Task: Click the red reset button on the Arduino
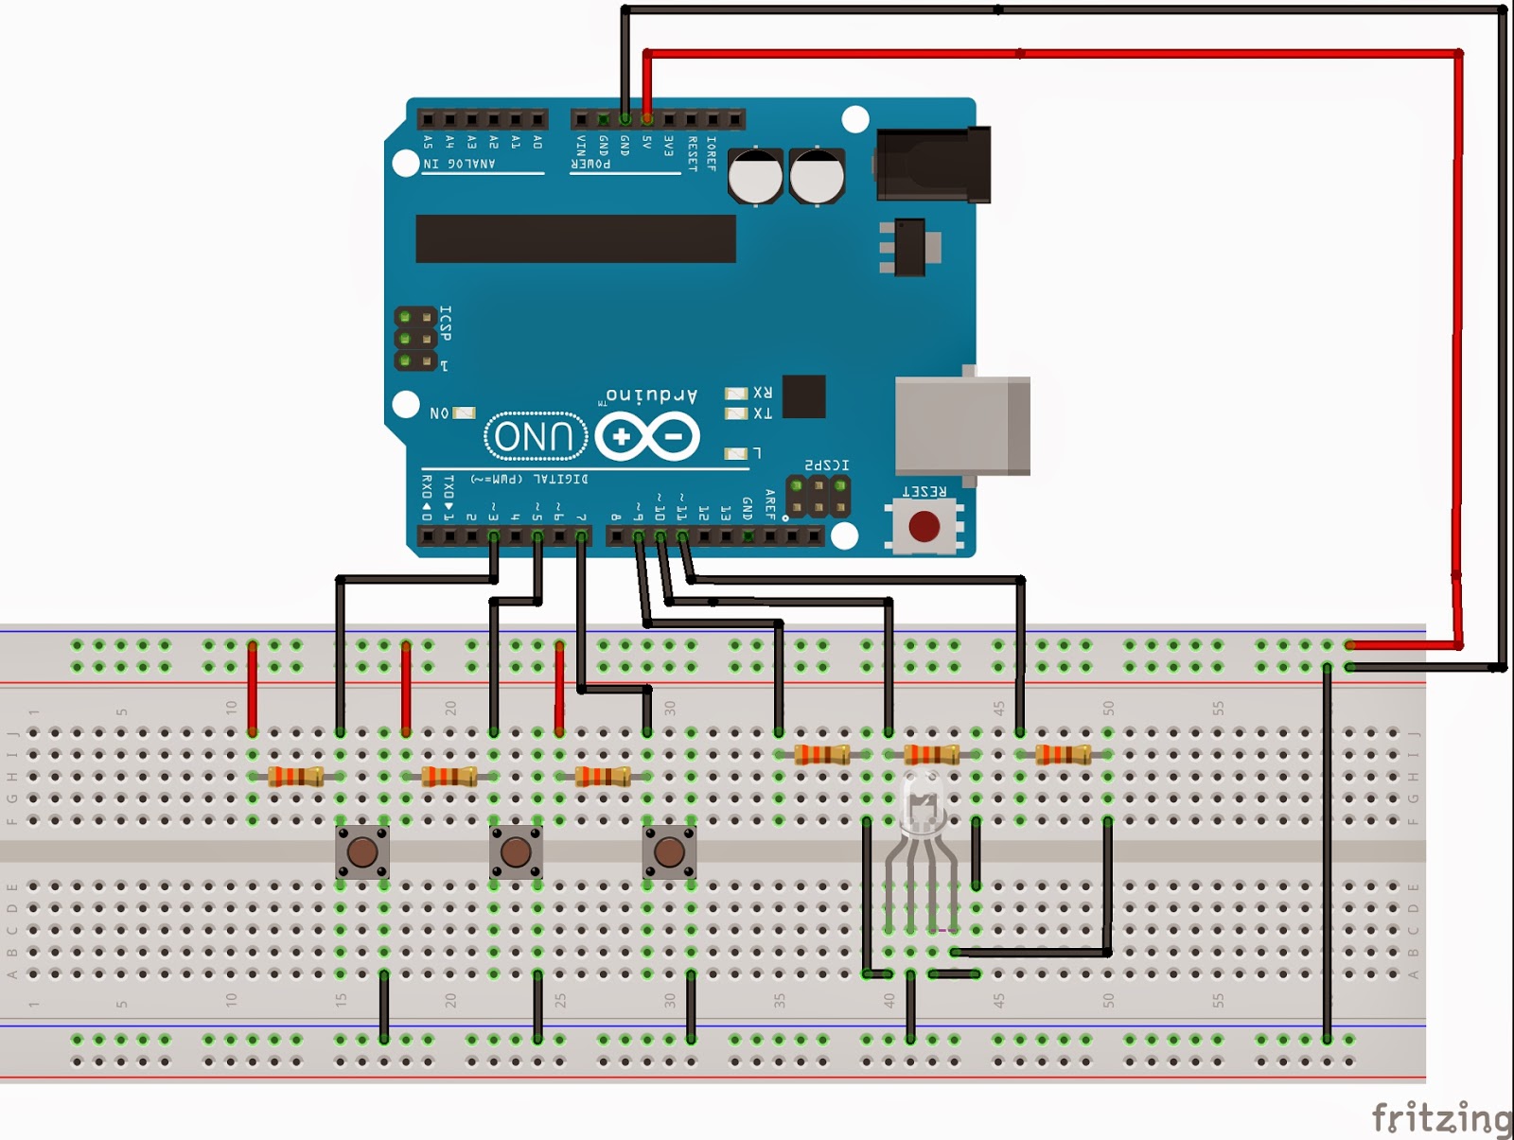click(924, 526)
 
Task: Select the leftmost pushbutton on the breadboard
click(362, 852)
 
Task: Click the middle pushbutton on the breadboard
click(516, 852)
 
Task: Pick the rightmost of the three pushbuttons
click(669, 852)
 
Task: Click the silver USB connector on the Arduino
click(961, 425)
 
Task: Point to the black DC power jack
click(933, 165)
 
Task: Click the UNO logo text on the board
click(535, 437)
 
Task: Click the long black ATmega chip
click(575, 238)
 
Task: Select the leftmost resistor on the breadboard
click(296, 777)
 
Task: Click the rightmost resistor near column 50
click(1063, 754)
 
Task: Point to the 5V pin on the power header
click(647, 119)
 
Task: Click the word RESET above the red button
click(924, 492)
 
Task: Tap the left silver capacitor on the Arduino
click(755, 176)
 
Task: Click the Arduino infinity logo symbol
click(648, 437)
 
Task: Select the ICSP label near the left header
click(446, 324)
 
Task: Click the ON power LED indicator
click(464, 413)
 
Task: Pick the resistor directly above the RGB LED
click(932, 754)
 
